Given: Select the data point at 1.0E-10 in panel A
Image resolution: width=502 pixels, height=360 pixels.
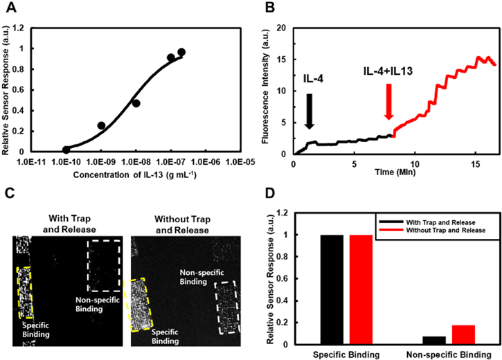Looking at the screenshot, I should point(66,149).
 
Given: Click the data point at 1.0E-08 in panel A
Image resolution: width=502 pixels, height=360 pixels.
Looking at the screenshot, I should point(136,103).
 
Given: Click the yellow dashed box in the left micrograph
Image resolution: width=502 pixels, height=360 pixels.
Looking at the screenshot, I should point(24,292).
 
